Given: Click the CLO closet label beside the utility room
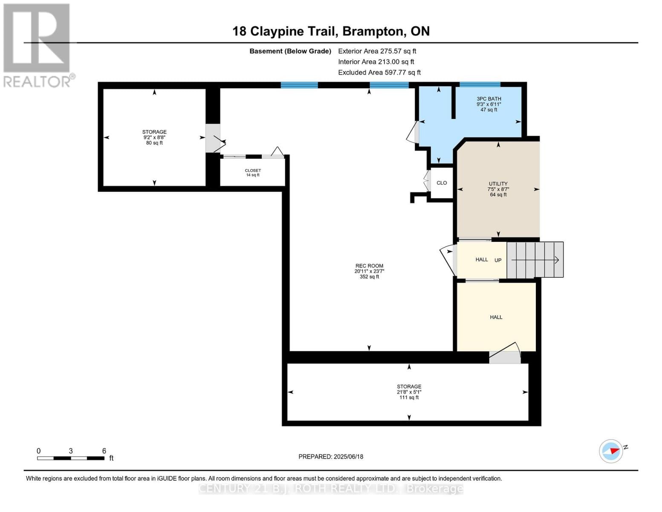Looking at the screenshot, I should [x=442, y=183].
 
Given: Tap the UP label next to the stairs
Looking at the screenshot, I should [x=498, y=260].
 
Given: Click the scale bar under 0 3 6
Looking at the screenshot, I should [x=71, y=458].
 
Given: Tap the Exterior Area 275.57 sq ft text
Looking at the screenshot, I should [x=377, y=51].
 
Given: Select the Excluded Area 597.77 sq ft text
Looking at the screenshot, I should [x=379, y=73].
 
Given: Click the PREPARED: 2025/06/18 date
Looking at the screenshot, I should [x=331, y=457].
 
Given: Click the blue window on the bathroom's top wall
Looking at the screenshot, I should [x=480, y=84].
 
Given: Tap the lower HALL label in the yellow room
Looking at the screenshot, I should [x=496, y=317].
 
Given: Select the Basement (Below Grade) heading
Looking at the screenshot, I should [x=290, y=51].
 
